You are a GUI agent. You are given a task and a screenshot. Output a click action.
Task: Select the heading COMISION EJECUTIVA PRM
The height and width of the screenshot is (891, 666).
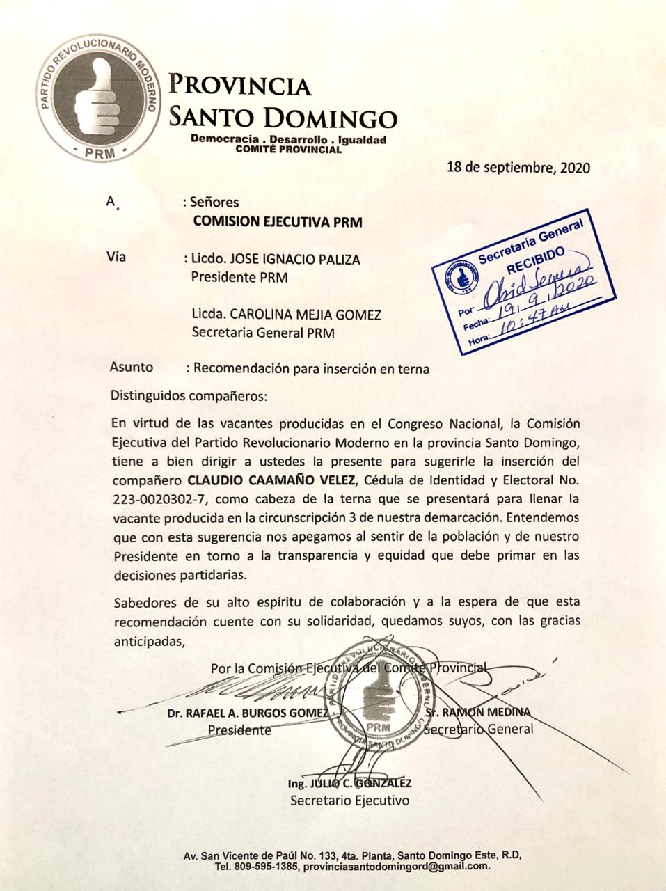tap(277, 222)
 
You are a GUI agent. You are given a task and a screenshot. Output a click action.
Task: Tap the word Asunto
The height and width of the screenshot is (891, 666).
tap(132, 368)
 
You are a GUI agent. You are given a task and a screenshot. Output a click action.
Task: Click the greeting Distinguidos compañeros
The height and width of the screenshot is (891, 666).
tap(188, 396)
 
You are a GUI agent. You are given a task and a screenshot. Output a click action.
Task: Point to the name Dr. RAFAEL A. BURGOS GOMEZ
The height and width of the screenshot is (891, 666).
tap(247, 713)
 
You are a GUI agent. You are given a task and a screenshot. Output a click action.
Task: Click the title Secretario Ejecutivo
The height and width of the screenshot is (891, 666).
tap(349, 800)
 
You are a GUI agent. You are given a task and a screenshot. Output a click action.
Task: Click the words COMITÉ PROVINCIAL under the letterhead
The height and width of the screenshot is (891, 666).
tap(289, 149)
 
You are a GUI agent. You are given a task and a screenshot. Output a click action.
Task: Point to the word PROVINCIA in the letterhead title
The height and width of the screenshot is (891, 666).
tap(241, 85)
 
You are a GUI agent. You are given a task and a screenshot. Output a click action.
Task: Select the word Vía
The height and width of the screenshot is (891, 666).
tap(116, 256)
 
